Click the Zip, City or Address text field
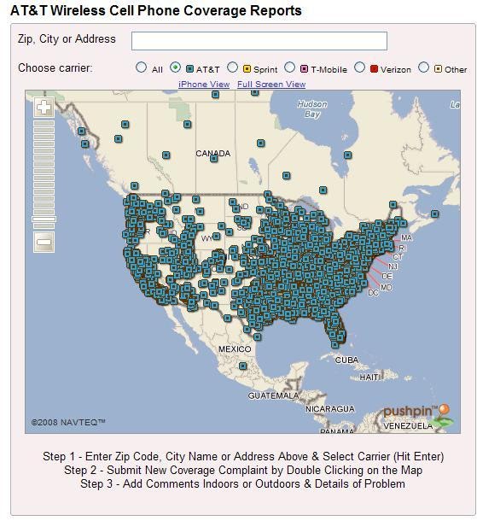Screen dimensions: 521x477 point(259,41)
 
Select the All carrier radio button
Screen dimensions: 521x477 point(142,67)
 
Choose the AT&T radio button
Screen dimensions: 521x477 point(175,67)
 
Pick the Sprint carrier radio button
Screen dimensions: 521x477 point(232,67)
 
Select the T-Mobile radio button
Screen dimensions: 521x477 point(289,67)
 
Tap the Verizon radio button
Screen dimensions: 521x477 point(359,67)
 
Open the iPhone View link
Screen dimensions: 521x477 point(204,85)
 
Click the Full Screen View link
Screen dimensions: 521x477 point(271,85)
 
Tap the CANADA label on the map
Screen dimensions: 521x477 point(212,154)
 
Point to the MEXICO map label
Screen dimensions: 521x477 point(235,349)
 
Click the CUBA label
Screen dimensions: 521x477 point(346,360)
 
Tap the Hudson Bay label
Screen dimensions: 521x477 point(312,109)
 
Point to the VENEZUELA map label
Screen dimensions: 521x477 point(407,424)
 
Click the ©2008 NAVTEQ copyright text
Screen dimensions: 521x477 point(68,422)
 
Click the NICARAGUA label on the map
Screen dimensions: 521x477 point(329,409)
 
